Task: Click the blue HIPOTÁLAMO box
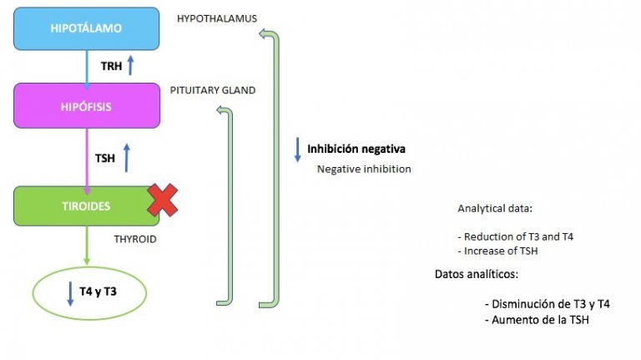pos(86,28)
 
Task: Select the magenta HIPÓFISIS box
pos(86,106)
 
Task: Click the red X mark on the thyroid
pos(163,200)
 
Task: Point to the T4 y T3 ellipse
pos(89,292)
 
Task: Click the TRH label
pos(111,65)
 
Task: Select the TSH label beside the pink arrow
pos(105,155)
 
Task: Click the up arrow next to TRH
pos(130,64)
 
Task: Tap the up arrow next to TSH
pos(127,157)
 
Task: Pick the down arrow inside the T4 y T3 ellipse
pos(69,292)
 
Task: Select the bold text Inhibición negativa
pos(356,150)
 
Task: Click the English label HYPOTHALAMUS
pos(217,18)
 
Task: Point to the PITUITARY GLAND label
pos(213,89)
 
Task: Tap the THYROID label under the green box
pos(135,239)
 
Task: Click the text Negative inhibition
pos(364,168)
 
